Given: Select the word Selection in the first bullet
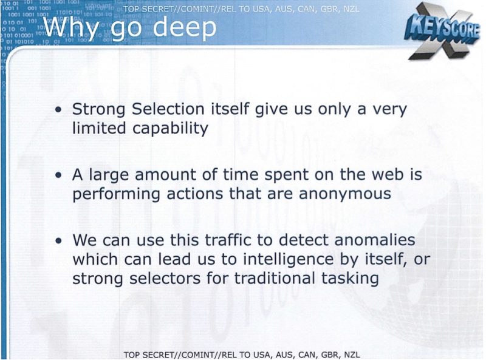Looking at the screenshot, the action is point(168,109).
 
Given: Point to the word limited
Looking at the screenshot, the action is point(99,128).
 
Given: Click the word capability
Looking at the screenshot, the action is point(170,129).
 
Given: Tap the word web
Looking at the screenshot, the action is point(389,174).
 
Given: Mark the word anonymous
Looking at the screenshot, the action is point(344,194).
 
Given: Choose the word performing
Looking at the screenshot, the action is point(116,194).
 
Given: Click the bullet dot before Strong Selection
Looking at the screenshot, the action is point(58,110).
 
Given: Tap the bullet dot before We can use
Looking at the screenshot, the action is point(58,241).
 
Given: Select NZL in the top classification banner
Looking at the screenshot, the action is point(351,9).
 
